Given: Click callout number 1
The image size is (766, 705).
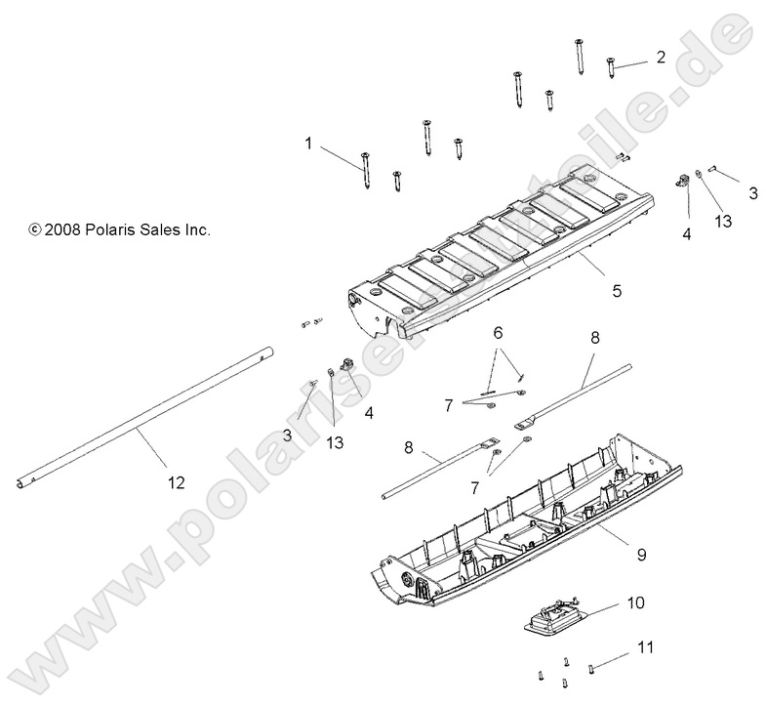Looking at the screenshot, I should (308, 143).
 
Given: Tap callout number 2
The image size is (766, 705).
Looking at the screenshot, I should (661, 57).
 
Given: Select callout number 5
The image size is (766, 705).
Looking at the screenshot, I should (616, 290).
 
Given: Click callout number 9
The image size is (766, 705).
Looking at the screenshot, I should (640, 554).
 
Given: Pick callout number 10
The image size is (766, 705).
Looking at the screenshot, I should (635, 603).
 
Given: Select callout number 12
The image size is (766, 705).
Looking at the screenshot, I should (176, 481).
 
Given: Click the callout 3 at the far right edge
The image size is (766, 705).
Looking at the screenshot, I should (752, 193).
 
